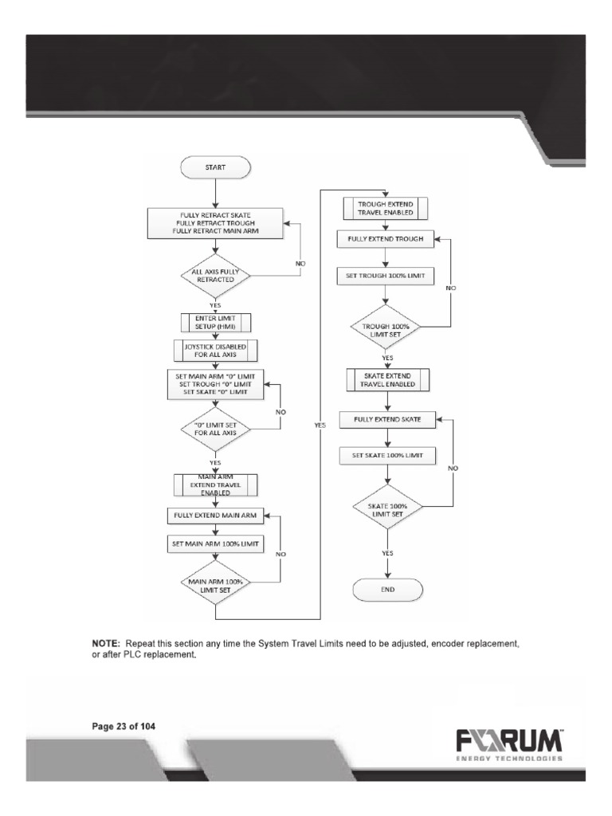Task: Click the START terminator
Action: [216, 168]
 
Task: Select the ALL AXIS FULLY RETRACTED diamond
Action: [216, 277]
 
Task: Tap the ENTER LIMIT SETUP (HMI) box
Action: [215, 321]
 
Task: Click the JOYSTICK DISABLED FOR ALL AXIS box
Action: [215, 351]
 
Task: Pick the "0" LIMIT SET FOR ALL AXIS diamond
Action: [215, 430]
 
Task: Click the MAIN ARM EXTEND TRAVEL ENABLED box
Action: [215, 484]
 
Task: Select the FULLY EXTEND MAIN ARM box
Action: [215, 516]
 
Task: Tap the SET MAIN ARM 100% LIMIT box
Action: [215, 545]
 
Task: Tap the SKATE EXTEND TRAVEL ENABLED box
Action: [386, 379]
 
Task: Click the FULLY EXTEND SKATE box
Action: [386, 418]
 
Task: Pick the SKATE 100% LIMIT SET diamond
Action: [386, 509]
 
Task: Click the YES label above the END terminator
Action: [387, 552]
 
